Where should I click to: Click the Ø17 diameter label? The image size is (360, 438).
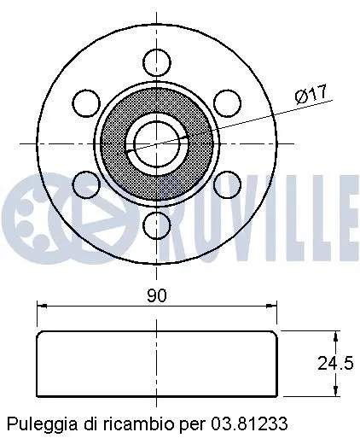[311, 96]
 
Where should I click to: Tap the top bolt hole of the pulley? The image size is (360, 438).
[156, 61]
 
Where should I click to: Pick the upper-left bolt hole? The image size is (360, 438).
[86, 102]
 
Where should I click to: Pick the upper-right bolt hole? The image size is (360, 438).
[226, 102]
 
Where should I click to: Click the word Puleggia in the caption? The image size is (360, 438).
[35, 423]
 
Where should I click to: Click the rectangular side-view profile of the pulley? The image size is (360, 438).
[156, 363]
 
